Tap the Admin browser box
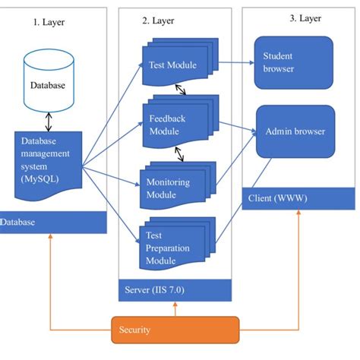click(x=295, y=131)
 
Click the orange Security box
click(x=175, y=330)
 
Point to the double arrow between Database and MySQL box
click(x=48, y=119)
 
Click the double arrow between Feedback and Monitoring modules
click(x=180, y=154)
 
